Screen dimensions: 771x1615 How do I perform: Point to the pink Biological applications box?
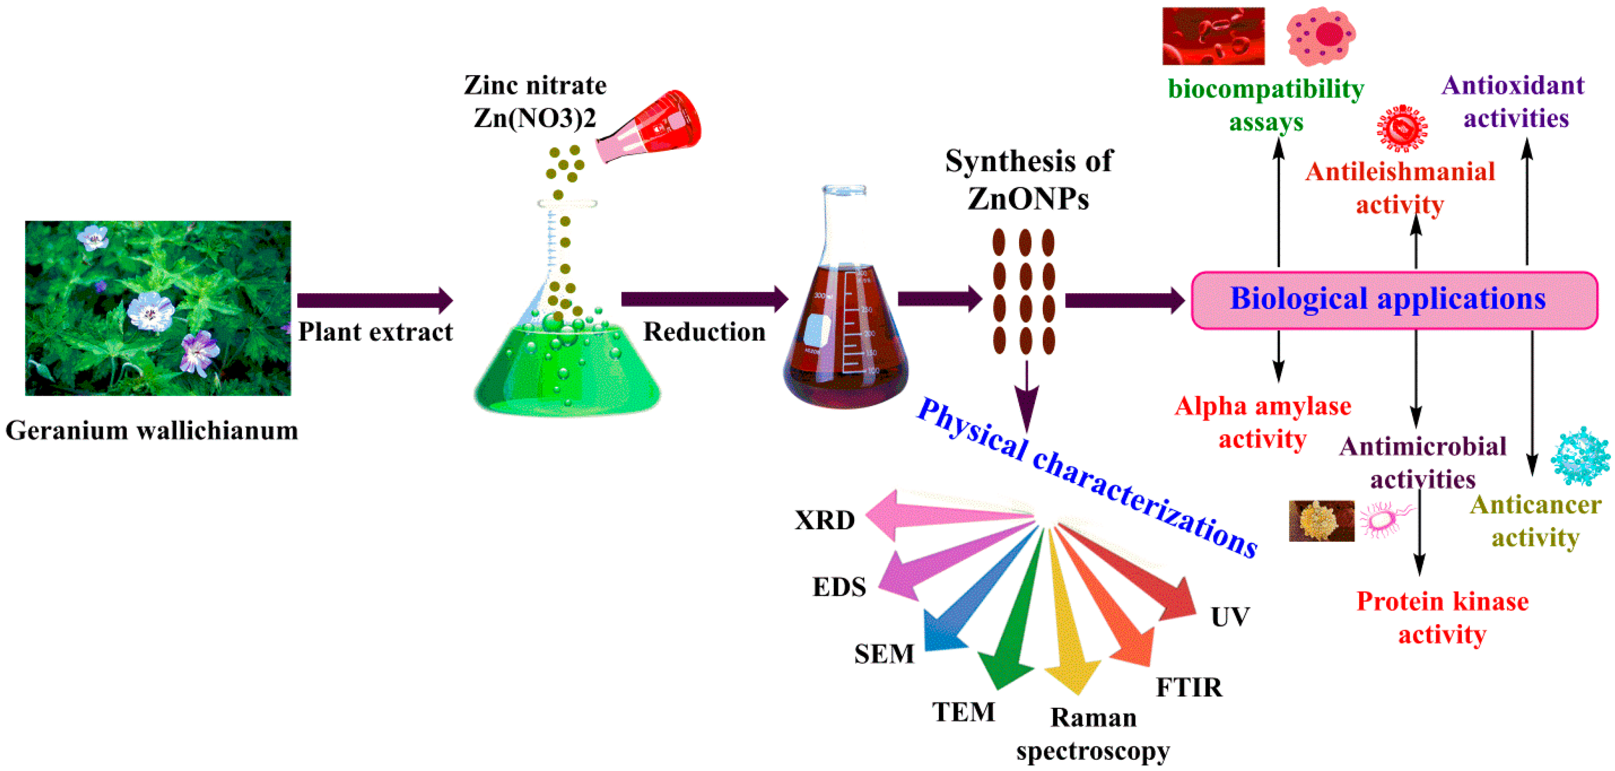click(x=1393, y=300)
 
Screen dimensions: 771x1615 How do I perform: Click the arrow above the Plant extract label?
click(x=374, y=300)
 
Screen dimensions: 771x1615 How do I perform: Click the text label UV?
click(x=1230, y=618)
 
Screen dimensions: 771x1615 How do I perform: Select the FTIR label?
click(x=1189, y=687)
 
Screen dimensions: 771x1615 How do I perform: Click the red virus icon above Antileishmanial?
click(x=1402, y=128)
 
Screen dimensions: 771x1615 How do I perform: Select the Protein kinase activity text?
click(x=1442, y=618)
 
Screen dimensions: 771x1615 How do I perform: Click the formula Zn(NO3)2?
click(x=534, y=118)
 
